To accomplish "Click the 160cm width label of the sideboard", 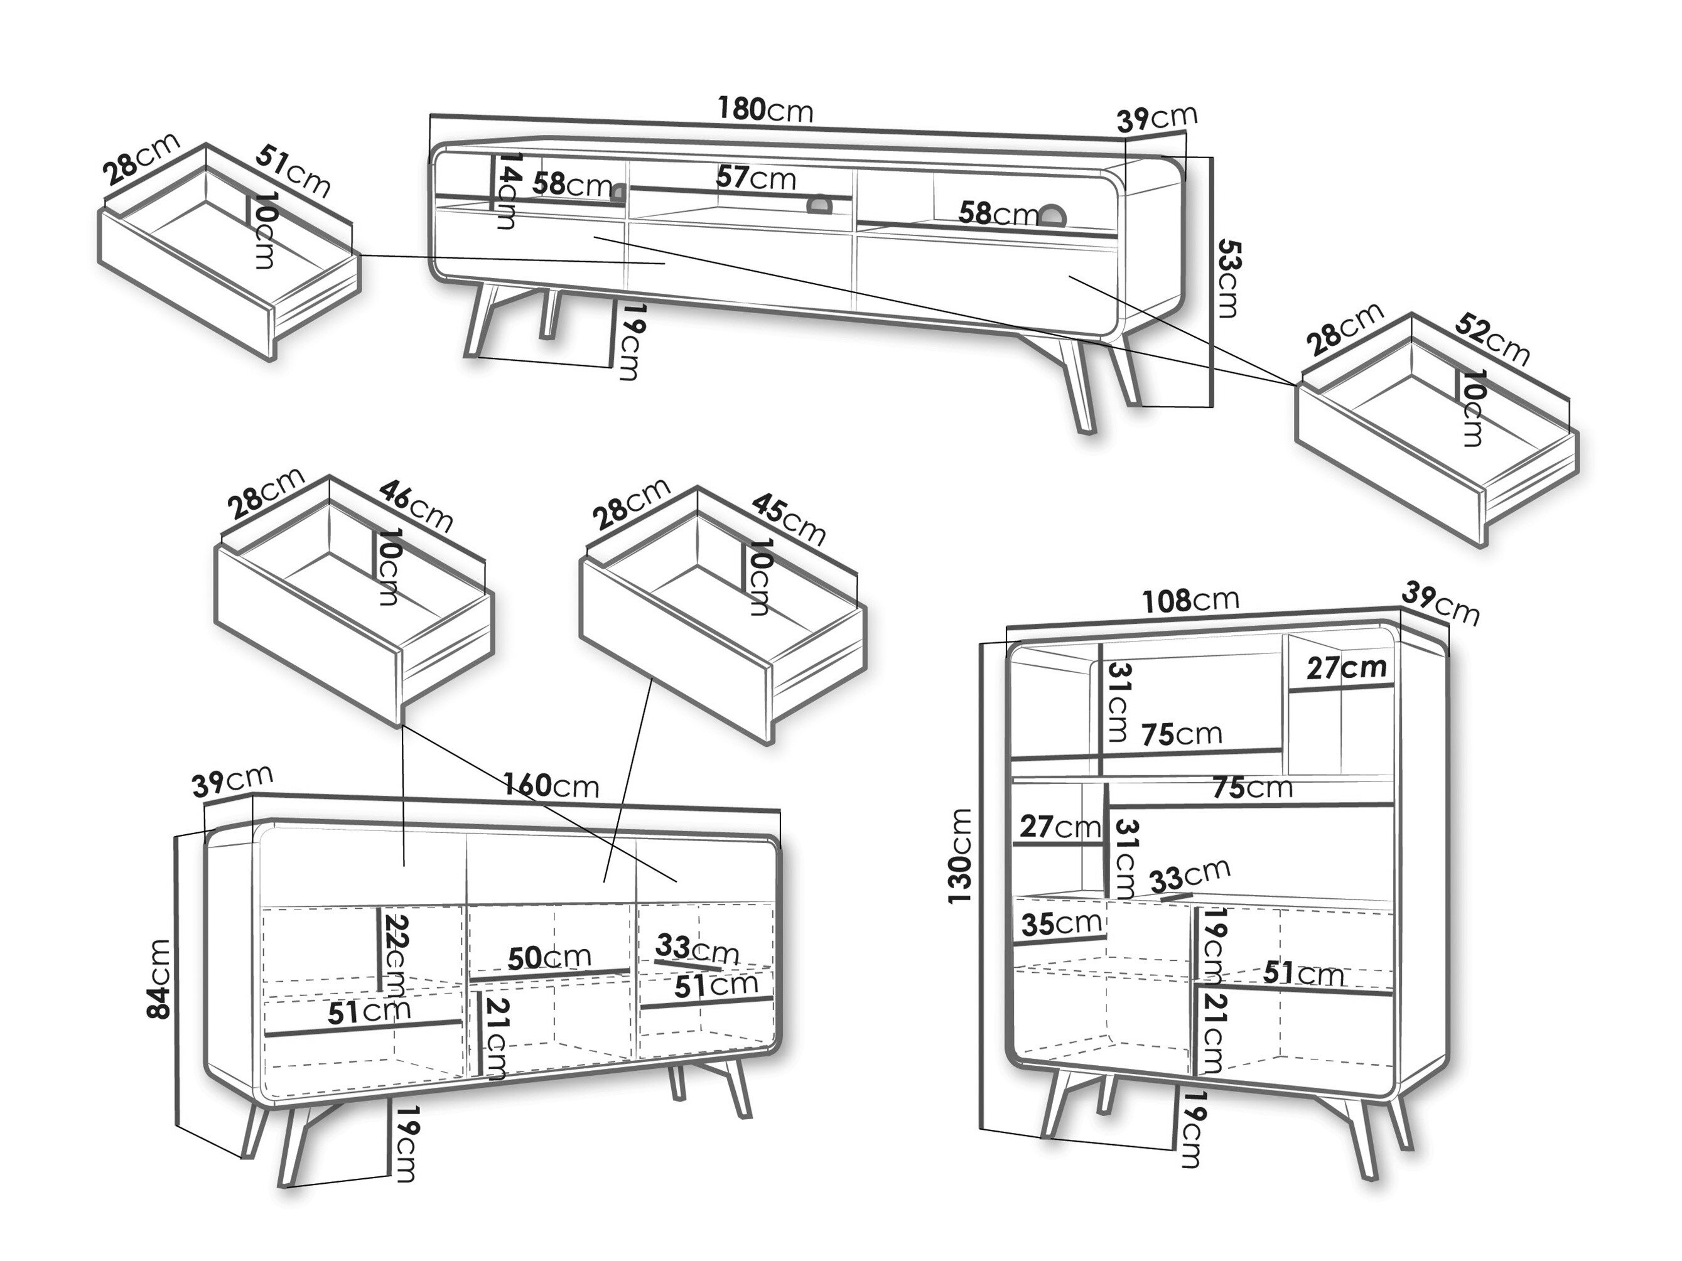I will pos(551,785).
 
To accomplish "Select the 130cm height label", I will pos(961,856).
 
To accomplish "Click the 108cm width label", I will pos(1190,601).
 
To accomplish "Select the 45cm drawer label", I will pos(788,519).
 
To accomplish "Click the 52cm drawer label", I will pos(1491,338).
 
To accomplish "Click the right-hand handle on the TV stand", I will pos(1053,216).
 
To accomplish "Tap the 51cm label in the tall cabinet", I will pos(1303,973).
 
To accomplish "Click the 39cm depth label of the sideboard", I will pos(232,781).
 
